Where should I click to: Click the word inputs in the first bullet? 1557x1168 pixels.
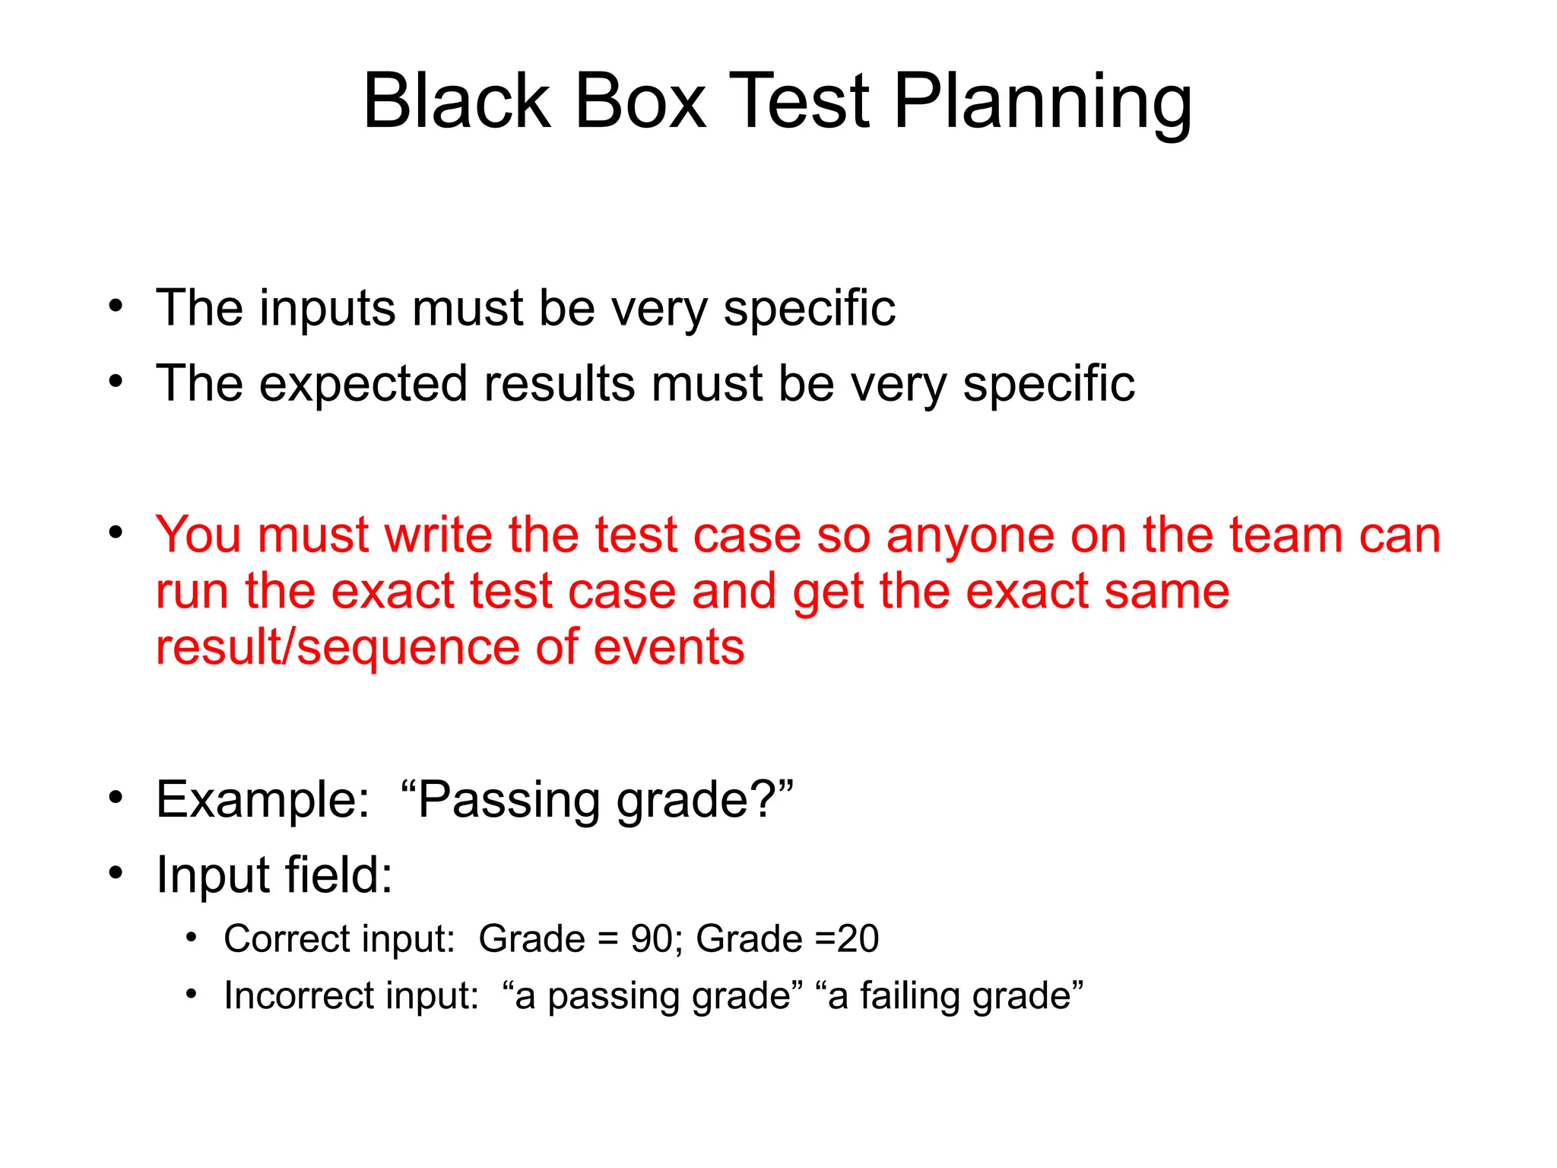click(x=327, y=309)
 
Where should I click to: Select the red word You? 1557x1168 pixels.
click(x=198, y=535)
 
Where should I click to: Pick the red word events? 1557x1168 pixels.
click(x=668, y=648)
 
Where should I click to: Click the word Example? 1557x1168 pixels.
click(x=262, y=800)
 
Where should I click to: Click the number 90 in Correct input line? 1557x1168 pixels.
click(x=651, y=939)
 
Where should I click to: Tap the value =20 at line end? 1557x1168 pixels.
click(x=846, y=939)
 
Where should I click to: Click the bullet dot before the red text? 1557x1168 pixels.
click(x=116, y=533)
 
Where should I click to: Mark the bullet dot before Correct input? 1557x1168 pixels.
click(x=192, y=938)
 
